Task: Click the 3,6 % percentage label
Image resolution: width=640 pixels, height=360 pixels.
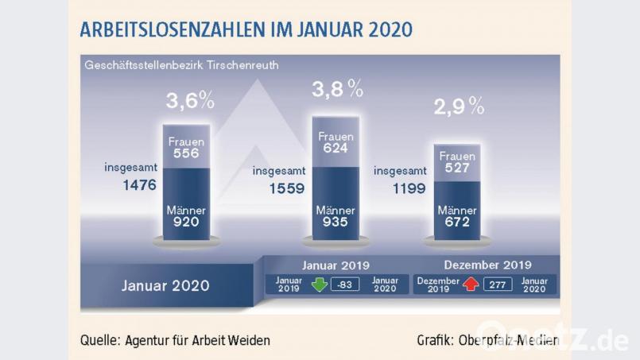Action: tap(191, 103)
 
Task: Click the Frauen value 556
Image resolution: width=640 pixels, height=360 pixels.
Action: tap(186, 155)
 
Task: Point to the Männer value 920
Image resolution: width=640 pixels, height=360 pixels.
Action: tap(186, 223)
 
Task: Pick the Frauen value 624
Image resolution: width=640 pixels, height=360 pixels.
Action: tap(336, 149)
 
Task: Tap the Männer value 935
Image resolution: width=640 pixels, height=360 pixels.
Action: tap(336, 223)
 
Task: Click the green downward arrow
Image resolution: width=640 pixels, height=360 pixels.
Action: tap(320, 285)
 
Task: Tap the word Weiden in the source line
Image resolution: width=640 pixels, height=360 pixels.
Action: tap(249, 340)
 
